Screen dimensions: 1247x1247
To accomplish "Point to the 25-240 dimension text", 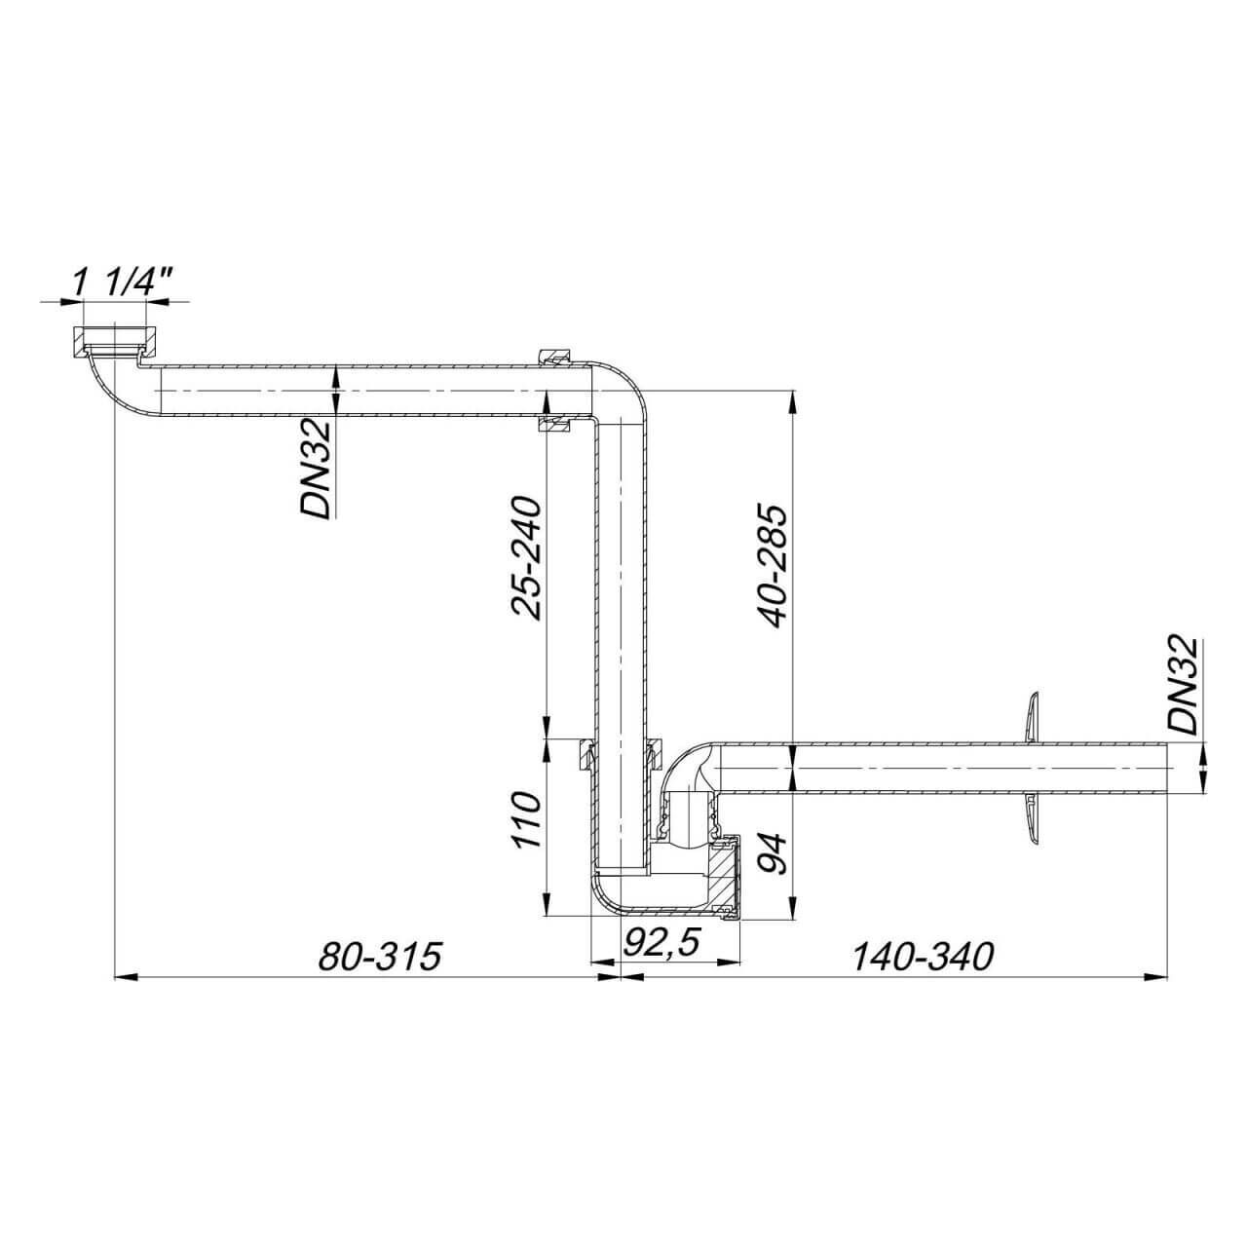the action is coord(525,558).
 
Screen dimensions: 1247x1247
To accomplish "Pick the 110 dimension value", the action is coord(525,820).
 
